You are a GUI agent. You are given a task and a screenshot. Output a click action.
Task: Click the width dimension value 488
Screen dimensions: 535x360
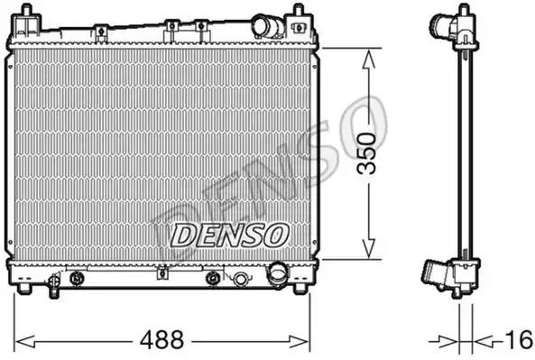point(162,340)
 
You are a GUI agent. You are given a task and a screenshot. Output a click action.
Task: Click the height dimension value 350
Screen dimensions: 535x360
point(366,153)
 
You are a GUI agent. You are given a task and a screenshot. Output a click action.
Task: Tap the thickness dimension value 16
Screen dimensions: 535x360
point(520,340)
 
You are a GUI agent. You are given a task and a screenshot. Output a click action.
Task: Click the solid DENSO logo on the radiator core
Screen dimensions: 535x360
point(229,235)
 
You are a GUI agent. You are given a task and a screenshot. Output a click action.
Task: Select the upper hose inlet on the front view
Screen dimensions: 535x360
point(268,26)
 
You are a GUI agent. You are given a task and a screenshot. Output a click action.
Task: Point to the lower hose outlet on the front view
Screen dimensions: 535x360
point(277,273)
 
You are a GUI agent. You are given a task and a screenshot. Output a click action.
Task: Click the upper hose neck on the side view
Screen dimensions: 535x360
point(441,24)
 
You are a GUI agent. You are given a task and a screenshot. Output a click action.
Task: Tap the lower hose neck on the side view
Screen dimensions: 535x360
point(435,274)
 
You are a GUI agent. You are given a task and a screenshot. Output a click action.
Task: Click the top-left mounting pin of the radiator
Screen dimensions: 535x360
point(26,9)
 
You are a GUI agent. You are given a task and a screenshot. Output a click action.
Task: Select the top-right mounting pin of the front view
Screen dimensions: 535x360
point(299,9)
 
